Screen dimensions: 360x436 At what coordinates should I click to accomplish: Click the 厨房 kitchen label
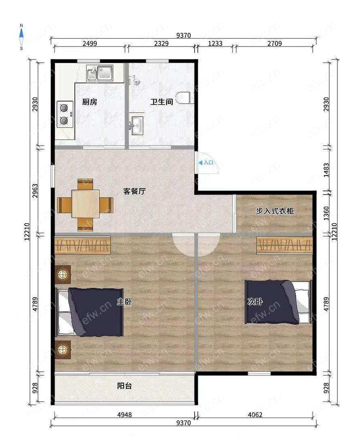[x=89, y=102]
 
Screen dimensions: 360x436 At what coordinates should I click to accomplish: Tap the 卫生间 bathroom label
[x=162, y=102]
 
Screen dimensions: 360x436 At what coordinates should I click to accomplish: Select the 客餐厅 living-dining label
[x=135, y=191]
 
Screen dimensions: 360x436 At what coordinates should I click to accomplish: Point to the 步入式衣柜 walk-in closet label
[x=275, y=211]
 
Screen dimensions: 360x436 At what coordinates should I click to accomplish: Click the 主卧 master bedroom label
[x=124, y=301]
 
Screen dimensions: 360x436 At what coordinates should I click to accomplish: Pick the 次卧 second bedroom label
[x=255, y=301]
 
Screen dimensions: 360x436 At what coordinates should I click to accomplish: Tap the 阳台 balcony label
[x=124, y=386]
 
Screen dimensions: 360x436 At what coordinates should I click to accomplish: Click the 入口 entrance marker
[x=206, y=163]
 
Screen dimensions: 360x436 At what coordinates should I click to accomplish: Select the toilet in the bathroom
[x=185, y=97]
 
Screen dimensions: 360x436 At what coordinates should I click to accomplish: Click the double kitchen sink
[x=100, y=73]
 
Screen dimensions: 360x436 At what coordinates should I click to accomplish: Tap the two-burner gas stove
[x=65, y=114]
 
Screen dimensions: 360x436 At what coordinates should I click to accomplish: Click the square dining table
[x=85, y=203]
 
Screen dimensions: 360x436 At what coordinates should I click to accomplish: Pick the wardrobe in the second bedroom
[x=285, y=245]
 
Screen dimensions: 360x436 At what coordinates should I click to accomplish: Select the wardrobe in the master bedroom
[x=83, y=245]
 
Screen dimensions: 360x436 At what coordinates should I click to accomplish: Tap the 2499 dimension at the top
[x=90, y=43]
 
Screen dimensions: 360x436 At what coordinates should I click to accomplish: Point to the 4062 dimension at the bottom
[x=255, y=415]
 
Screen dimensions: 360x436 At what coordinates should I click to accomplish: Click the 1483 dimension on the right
[x=326, y=170]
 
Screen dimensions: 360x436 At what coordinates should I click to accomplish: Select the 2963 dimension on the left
[x=35, y=191]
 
